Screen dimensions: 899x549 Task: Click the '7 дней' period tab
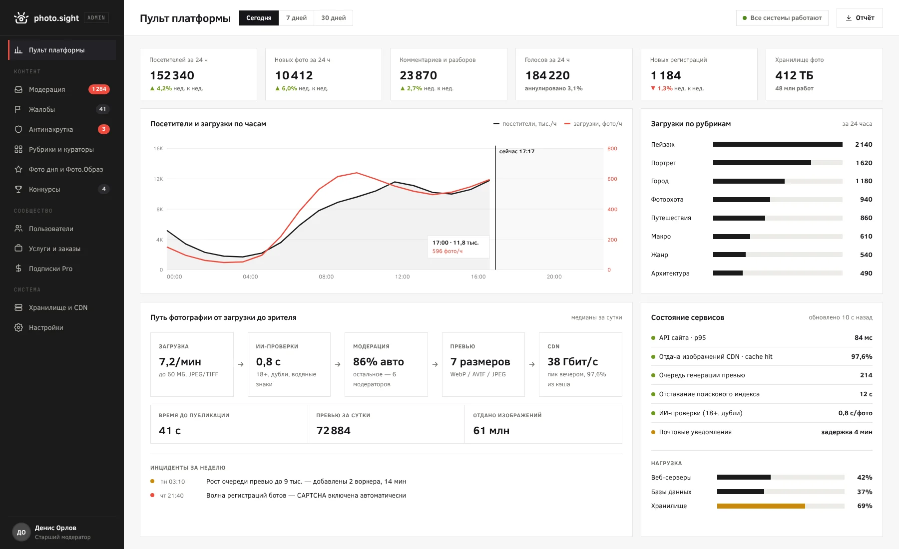[x=296, y=18]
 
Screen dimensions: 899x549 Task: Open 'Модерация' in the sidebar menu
[x=47, y=89]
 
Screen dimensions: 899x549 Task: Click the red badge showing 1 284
[x=99, y=89]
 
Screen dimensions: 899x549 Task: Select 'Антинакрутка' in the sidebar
[x=51, y=129]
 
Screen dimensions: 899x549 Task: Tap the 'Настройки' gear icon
[x=18, y=327]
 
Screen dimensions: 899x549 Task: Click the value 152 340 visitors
[x=172, y=75]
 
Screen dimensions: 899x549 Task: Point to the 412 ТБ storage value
[x=794, y=75]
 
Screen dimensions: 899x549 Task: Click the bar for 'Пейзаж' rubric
[x=778, y=144]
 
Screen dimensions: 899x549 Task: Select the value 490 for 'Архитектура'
[x=866, y=273]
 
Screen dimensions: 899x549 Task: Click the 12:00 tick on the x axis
[x=402, y=276]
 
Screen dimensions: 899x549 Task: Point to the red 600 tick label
[x=612, y=179]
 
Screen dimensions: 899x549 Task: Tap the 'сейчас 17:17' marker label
[x=517, y=151]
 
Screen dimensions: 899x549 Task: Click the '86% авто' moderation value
[x=379, y=361]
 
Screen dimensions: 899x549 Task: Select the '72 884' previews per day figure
[x=334, y=430]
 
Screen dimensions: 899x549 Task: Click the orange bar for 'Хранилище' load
[x=761, y=506]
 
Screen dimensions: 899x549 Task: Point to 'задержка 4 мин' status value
[x=847, y=432]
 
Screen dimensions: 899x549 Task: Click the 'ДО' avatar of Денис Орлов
[x=21, y=532]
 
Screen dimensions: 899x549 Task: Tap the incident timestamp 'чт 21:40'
[x=172, y=496]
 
